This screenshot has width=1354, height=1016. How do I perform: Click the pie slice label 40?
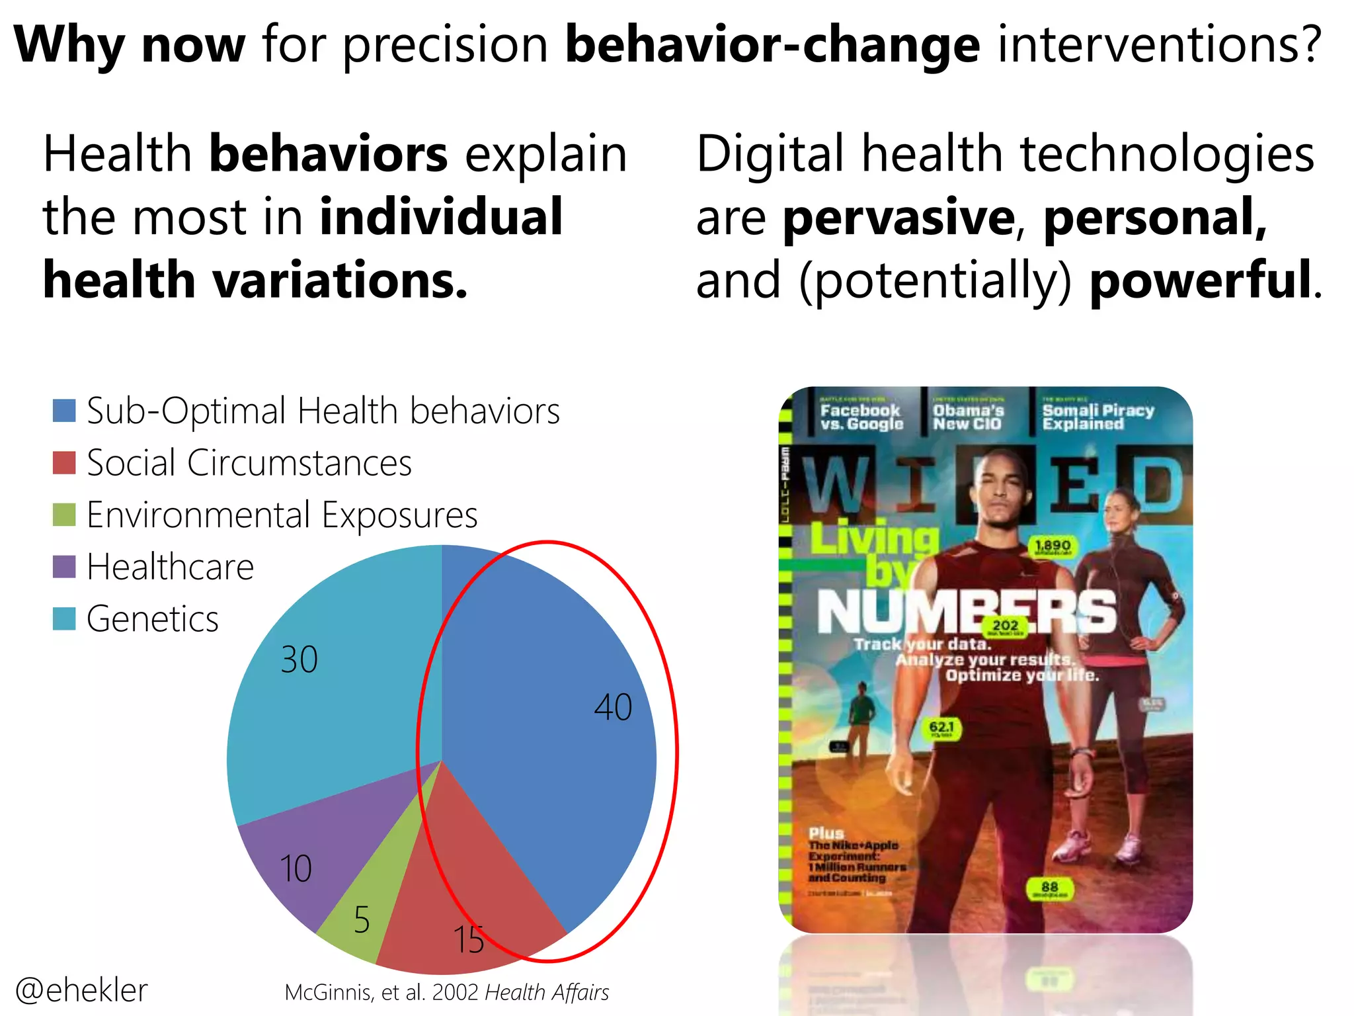[613, 707]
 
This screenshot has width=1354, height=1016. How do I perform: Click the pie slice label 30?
[299, 659]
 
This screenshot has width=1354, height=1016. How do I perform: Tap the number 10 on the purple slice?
[296, 868]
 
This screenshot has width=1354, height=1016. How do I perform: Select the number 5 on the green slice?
[361, 920]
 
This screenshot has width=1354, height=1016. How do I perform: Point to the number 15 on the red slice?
[468, 940]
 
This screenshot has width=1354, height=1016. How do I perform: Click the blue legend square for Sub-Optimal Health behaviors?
[64, 411]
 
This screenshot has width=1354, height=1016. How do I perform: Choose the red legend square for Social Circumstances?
[64, 462]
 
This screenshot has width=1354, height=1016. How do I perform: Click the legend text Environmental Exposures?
[282, 515]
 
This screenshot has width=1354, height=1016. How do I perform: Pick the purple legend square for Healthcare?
[64, 567]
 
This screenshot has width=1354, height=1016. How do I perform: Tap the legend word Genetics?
[152, 619]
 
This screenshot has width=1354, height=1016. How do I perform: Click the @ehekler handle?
[81, 990]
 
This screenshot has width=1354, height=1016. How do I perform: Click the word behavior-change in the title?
[772, 45]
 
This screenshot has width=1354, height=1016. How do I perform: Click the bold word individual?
[441, 217]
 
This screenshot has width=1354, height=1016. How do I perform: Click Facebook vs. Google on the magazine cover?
[861, 417]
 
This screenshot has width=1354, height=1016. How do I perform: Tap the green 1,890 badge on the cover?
[1053, 546]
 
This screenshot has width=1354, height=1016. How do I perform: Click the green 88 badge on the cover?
[1049, 888]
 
